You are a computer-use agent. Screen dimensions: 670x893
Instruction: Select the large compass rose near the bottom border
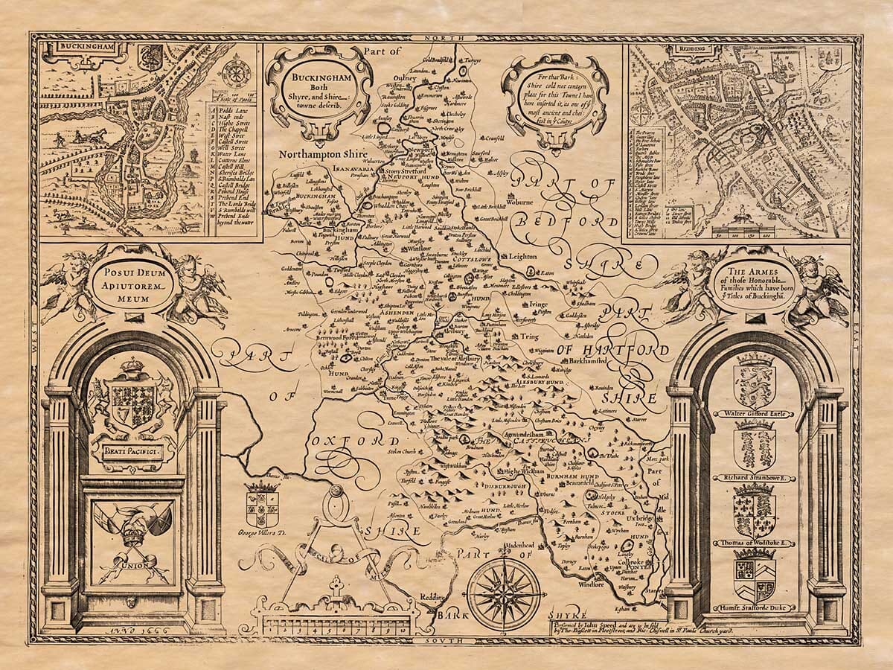pyautogui.click(x=504, y=593)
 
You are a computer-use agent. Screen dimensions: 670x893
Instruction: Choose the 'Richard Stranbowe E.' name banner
pyautogui.click(x=754, y=478)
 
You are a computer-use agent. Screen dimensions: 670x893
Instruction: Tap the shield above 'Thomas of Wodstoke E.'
pyautogui.click(x=754, y=513)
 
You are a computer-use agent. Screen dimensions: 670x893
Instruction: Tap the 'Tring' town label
pyautogui.click(x=529, y=336)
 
